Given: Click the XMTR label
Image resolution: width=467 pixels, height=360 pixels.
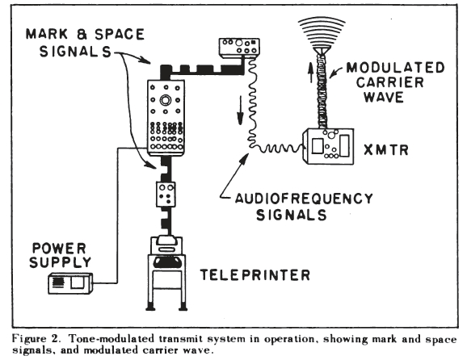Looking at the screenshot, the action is [386, 149].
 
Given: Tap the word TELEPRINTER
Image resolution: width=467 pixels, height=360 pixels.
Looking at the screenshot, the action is [255, 275].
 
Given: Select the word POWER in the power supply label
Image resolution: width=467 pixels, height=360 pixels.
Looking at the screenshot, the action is [59, 249].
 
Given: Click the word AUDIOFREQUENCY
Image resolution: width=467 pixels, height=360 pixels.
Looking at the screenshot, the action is [304, 199].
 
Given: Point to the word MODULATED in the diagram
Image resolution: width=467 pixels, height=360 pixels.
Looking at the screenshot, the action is [395, 68].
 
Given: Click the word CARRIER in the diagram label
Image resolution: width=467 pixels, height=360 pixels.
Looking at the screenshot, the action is [390, 82].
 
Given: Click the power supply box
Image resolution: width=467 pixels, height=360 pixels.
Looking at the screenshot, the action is [70, 283].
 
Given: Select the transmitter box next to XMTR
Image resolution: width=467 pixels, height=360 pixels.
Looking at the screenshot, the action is [328, 146].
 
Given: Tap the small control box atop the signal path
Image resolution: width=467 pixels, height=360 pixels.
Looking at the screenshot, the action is [239, 48].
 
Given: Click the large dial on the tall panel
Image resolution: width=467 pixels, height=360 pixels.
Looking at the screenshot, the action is [166, 100].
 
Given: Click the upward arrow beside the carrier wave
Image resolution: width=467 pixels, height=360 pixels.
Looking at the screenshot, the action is [310, 73].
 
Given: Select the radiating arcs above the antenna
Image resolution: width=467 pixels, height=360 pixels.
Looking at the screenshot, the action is [322, 31].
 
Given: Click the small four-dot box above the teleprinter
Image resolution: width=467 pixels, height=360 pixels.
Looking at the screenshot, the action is [166, 195].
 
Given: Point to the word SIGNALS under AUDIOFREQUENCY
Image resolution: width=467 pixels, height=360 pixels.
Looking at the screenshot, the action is [292, 215].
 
